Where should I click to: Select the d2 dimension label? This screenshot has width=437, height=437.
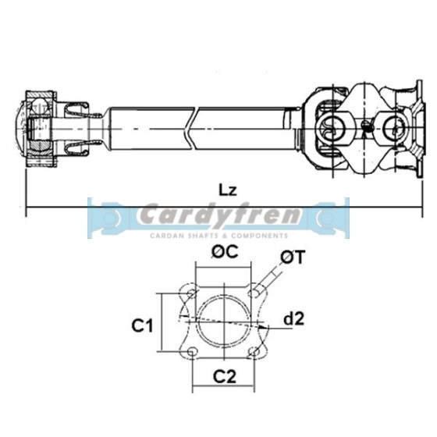(x=293, y=319)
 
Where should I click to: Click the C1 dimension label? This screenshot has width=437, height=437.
(x=140, y=326)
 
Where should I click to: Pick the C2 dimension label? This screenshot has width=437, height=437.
(x=225, y=377)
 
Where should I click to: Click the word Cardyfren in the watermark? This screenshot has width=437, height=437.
(x=216, y=215)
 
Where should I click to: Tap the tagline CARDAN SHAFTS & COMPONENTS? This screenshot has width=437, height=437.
(x=216, y=234)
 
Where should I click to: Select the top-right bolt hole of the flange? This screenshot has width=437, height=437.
(x=254, y=291)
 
